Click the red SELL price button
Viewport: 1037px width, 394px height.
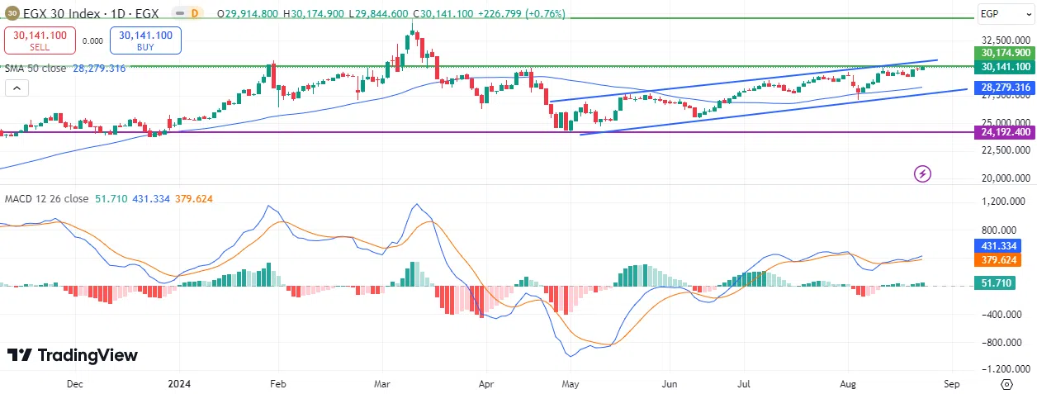point(40,40)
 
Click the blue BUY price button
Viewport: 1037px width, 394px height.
point(145,40)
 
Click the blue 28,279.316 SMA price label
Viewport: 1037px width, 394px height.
point(1004,87)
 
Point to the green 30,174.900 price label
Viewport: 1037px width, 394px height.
point(1004,52)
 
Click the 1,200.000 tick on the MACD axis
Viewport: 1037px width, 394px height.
point(1004,202)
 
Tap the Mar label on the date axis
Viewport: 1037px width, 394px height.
point(381,383)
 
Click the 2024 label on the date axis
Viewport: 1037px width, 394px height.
point(179,383)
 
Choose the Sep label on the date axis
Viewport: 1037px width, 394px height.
point(951,383)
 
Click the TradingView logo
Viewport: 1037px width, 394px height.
point(73,355)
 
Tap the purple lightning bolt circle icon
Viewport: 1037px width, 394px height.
point(923,173)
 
